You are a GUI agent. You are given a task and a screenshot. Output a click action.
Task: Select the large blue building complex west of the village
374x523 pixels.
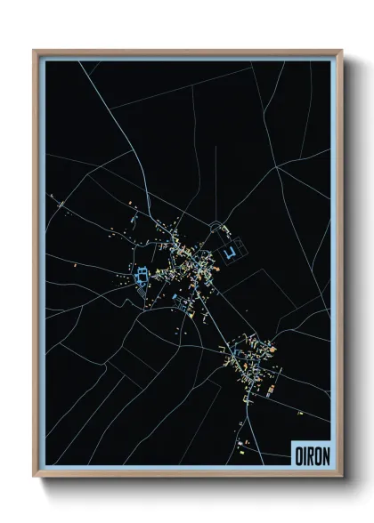(x=141, y=278)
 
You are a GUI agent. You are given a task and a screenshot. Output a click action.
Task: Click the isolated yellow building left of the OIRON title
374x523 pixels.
(x=241, y=452)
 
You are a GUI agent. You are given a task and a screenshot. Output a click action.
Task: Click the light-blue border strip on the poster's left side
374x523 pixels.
(x=42, y=267)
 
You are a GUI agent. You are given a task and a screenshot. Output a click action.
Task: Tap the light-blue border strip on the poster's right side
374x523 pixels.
(x=334, y=267)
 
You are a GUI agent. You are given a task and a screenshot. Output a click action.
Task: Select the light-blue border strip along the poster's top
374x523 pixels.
(x=187, y=58)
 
